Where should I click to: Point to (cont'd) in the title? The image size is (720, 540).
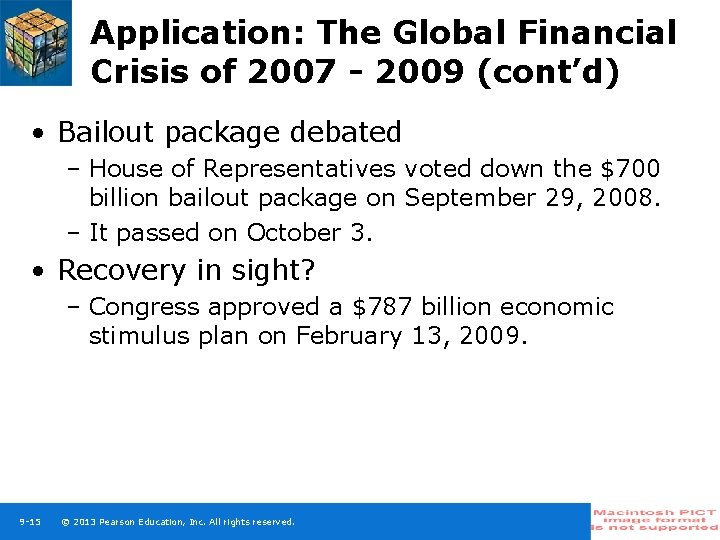pyautogui.click(x=549, y=72)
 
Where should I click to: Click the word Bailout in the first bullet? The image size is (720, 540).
pyautogui.click(x=106, y=132)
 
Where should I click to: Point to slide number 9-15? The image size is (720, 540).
pyautogui.click(x=30, y=522)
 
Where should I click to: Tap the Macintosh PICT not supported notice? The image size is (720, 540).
pyautogui.click(x=655, y=520)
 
